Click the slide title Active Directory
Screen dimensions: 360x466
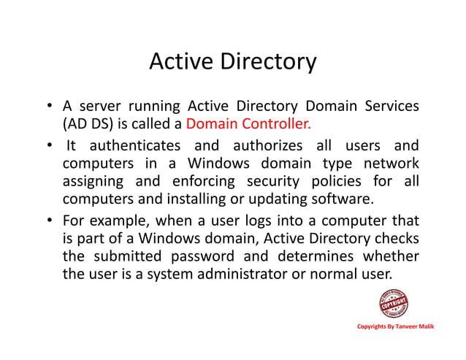click(x=232, y=63)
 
